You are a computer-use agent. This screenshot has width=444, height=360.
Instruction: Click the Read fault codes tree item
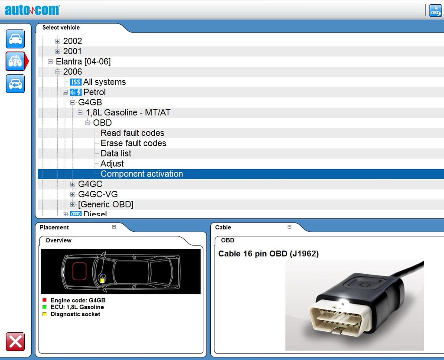click(132, 133)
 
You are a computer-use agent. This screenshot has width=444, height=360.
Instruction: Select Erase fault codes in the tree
click(133, 143)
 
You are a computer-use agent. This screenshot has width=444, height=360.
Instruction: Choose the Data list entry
click(116, 154)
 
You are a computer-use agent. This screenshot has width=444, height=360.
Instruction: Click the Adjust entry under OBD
click(112, 164)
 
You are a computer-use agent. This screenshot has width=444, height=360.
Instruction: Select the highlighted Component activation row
click(141, 174)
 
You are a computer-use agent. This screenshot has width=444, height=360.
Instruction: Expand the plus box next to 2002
click(58, 41)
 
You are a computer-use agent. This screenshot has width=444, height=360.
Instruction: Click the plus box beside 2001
click(58, 51)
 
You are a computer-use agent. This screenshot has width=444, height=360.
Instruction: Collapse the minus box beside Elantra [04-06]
click(50, 62)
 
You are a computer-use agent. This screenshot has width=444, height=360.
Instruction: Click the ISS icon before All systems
click(75, 82)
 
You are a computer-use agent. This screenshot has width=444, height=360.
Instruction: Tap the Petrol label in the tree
click(95, 92)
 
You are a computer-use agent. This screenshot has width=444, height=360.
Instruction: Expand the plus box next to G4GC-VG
click(73, 194)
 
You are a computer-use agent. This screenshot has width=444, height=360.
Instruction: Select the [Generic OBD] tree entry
click(106, 204)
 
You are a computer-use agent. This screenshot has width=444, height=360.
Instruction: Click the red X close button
click(16, 342)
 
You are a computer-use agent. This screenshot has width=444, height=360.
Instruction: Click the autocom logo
click(32, 10)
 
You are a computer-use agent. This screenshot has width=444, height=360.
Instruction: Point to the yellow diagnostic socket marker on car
click(102, 281)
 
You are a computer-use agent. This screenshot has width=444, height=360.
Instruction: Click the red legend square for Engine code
click(44, 300)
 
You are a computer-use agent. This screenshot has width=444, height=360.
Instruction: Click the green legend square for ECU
click(44, 307)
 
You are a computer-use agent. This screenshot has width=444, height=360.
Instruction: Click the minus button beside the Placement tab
click(114, 227)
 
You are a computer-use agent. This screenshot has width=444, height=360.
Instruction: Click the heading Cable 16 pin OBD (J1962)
click(268, 254)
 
